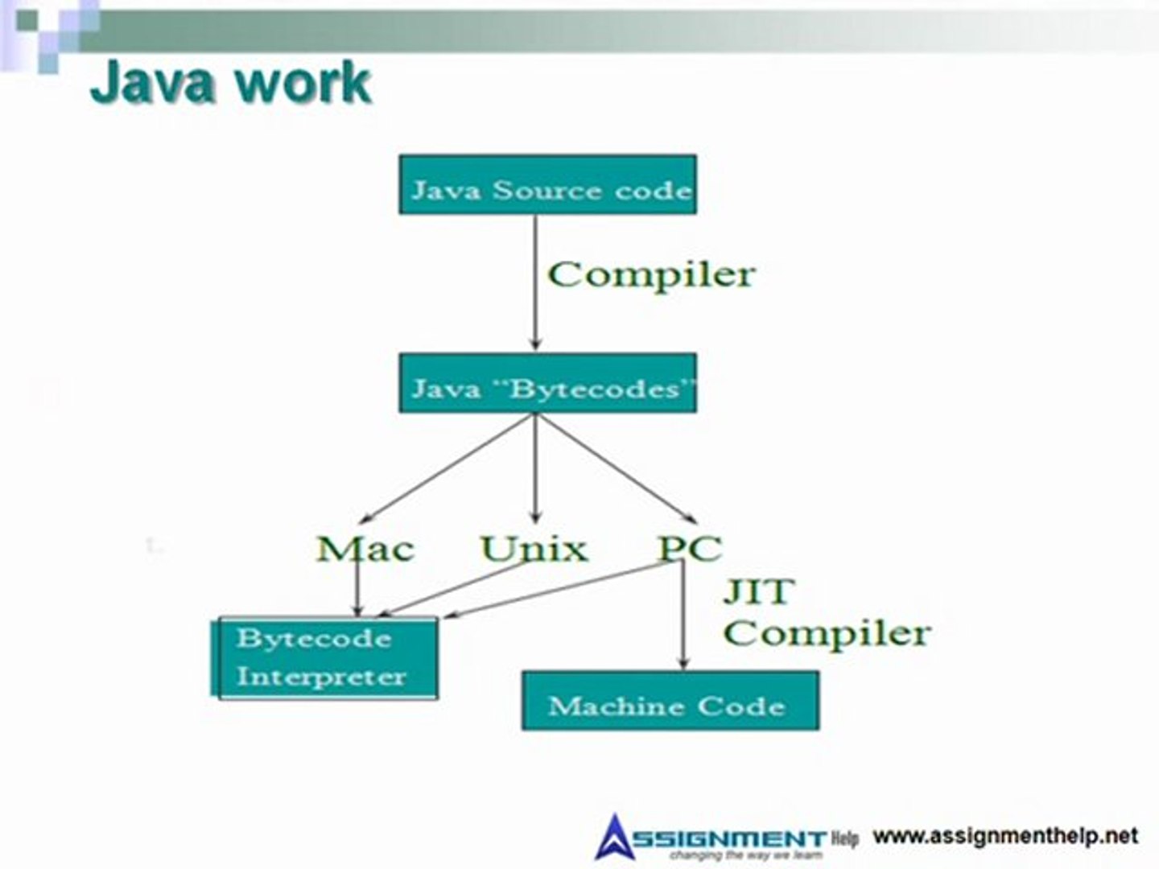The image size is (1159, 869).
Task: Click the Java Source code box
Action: click(x=547, y=185)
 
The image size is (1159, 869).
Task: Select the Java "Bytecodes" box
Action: click(x=547, y=383)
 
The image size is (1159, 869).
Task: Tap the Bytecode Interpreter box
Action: click(x=326, y=657)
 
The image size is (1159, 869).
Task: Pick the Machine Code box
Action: click(x=670, y=701)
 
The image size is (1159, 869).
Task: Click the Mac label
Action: click(x=365, y=549)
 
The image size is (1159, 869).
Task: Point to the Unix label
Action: click(x=534, y=549)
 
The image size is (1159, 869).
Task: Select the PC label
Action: click(x=690, y=549)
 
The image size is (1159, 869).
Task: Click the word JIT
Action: click(x=758, y=592)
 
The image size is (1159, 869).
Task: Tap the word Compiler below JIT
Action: click(x=827, y=633)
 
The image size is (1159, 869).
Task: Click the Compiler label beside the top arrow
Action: click(x=651, y=274)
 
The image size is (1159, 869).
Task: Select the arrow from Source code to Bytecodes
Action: click(x=535, y=282)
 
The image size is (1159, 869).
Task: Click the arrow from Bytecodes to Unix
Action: click(x=535, y=467)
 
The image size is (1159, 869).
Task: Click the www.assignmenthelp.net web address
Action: click(x=1005, y=836)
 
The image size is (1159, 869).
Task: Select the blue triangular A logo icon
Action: click(x=615, y=837)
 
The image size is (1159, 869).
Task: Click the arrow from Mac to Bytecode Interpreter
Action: click(x=358, y=587)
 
